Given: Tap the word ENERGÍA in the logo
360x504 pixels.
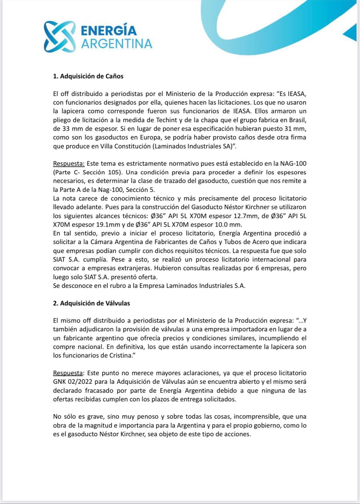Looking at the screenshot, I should (109, 31).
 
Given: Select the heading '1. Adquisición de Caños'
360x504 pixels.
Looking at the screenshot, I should (88, 76).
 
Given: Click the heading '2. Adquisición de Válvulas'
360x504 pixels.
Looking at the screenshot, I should (91, 303).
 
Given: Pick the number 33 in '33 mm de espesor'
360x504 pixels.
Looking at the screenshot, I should (66, 129).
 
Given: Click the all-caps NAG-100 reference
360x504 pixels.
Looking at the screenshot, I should (293, 163).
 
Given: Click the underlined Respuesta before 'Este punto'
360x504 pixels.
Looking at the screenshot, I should (68, 373).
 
